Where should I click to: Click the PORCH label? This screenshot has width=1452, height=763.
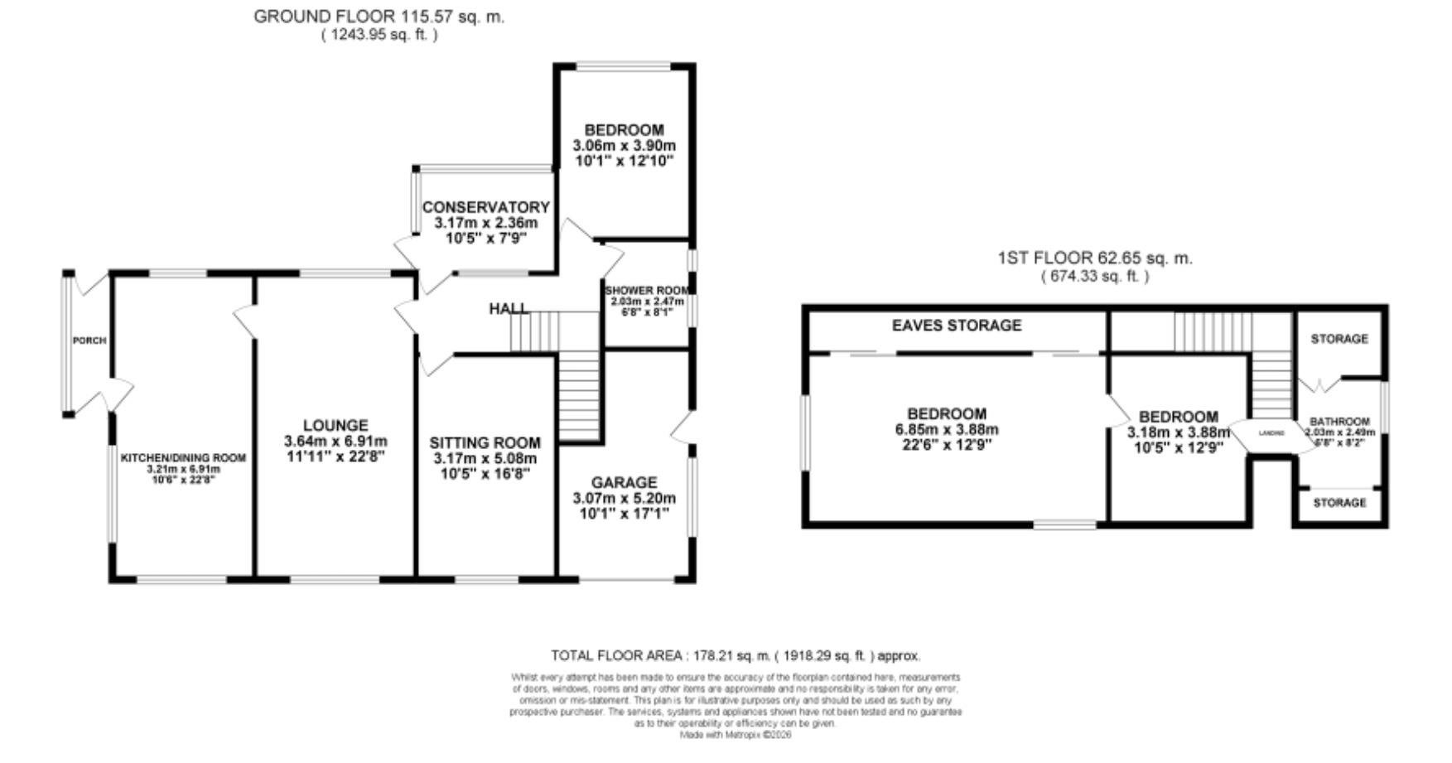(x=89, y=340)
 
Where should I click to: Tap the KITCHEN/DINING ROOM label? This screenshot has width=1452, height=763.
(x=184, y=458)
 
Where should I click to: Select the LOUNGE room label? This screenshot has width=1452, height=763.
(x=335, y=426)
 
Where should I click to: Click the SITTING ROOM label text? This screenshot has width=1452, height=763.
(x=485, y=443)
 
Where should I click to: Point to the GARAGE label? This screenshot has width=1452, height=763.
(x=624, y=482)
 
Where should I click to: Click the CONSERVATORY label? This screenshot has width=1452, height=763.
(x=485, y=207)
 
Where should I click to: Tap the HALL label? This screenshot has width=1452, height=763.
(x=509, y=309)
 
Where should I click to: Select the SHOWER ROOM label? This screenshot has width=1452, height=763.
(x=647, y=291)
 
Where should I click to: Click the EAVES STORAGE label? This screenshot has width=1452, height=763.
(x=956, y=326)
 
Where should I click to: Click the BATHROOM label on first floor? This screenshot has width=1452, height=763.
(x=1339, y=422)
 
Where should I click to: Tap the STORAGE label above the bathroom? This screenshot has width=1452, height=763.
(x=1339, y=339)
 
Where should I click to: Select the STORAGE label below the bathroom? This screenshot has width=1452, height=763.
(x=1339, y=503)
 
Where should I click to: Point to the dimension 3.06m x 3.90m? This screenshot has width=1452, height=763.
(x=624, y=146)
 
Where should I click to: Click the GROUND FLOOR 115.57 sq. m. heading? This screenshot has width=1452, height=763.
(x=379, y=17)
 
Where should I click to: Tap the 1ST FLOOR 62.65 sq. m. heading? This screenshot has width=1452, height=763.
(x=1095, y=258)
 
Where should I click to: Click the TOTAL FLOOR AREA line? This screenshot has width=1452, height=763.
(x=736, y=656)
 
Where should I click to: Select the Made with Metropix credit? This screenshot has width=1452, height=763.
(x=736, y=735)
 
